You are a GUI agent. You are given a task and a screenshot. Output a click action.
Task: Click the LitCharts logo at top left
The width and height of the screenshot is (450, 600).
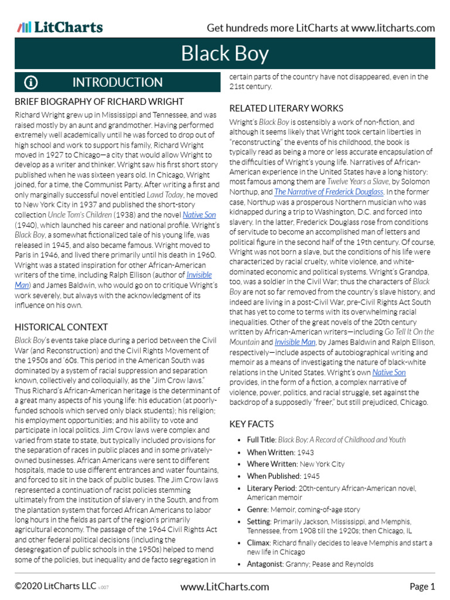tap(60, 28)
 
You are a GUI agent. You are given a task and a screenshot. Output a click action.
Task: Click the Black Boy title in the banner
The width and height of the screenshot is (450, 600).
tap(225, 54)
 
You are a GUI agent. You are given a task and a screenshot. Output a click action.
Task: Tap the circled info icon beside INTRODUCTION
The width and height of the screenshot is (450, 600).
tap(31, 83)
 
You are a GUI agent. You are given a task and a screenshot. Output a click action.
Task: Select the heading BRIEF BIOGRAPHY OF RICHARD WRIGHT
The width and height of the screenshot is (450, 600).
tap(99, 102)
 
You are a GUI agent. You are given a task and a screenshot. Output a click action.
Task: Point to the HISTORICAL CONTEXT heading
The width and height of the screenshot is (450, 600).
tap(61, 327)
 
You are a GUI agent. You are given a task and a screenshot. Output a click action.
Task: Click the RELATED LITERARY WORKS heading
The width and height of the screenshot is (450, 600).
tap(286, 108)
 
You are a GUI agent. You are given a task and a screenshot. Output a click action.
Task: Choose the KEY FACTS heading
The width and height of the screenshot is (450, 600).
tap(251, 424)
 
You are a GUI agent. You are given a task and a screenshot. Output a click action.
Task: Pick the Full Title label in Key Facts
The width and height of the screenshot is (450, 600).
tap(261, 439)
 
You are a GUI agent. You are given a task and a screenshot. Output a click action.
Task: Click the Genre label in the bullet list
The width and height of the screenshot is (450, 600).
tap(258, 510)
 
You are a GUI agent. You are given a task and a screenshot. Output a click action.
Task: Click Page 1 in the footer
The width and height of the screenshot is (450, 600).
tap(422, 587)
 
